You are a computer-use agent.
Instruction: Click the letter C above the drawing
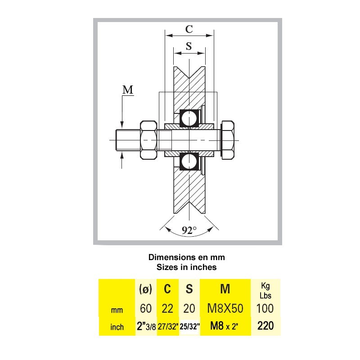click(189, 29)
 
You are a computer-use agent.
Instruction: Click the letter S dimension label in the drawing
click(189, 46)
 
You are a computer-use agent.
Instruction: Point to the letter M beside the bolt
click(128, 90)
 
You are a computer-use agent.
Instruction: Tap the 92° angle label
click(189, 230)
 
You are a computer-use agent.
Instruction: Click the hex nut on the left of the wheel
click(148, 140)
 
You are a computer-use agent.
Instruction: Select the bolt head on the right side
click(228, 140)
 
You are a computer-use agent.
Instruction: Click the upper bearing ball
click(189, 118)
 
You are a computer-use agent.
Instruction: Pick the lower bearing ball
click(189, 162)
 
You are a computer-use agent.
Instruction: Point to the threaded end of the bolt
click(128, 140)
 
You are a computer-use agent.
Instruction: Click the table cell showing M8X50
click(225, 308)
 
